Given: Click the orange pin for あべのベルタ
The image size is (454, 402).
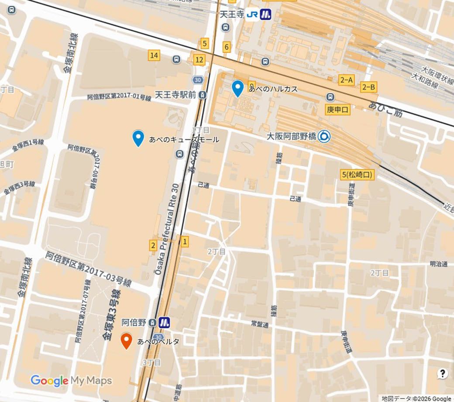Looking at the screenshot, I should tap(127, 340).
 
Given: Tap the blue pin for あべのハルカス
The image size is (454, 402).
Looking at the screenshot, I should tap(237, 88).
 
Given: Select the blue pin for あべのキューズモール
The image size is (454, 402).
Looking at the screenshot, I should tap(138, 138).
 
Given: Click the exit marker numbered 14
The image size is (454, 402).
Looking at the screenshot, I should tap(154, 55).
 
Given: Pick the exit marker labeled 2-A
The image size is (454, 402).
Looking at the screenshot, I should tap(347, 79).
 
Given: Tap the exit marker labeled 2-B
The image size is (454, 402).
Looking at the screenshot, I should tap(368, 87).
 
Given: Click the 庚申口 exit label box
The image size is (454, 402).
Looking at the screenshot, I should tap(338, 110).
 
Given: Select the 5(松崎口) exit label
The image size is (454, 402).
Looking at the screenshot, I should tap(358, 175).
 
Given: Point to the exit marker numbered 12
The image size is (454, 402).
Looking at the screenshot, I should tap(199, 60).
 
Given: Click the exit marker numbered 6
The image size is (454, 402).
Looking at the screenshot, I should tap(226, 47).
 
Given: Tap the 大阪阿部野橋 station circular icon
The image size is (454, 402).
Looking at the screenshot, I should tap(324, 137).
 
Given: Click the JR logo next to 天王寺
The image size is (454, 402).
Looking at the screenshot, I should tap(252, 15).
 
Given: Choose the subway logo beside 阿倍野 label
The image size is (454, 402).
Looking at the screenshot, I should tap(164, 323).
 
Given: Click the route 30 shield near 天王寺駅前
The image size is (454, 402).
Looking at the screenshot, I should tap(198, 80).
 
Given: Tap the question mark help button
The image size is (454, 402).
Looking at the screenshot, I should tap(443, 373).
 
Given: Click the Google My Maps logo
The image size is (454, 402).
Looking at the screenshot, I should tap(71, 381).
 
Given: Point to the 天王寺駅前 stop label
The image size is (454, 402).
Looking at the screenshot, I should tap(176, 95).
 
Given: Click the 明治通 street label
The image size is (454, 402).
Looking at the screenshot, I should tap(439, 264).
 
